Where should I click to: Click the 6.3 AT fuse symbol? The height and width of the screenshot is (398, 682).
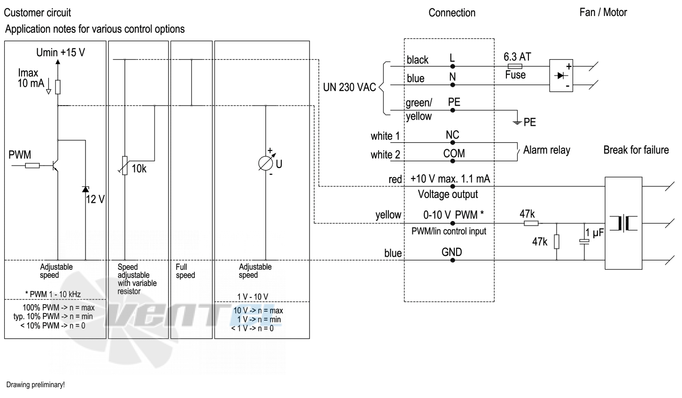point(515,66)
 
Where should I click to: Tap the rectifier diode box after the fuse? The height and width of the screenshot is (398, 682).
point(561,76)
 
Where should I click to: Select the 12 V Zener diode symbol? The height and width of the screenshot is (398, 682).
point(85,189)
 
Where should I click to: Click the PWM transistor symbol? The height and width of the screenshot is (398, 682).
point(55,166)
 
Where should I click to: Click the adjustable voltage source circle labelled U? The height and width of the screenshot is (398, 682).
point(265,163)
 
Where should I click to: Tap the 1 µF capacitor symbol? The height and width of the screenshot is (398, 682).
point(584,241)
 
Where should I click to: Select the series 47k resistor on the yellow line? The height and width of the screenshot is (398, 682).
point(531,223)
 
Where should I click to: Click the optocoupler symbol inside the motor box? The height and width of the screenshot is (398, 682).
point(623,223)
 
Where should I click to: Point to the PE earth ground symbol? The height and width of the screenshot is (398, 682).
point(517,122)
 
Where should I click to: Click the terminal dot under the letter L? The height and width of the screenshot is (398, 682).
point(452,66)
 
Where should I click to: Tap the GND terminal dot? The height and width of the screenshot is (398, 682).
point(452,260)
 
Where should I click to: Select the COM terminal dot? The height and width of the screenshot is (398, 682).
point(452,161)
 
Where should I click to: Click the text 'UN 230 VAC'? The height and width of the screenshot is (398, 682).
point(349,87)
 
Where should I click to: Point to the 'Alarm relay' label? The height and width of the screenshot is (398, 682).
point(547,150)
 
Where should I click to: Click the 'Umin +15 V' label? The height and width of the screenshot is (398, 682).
point(61,53)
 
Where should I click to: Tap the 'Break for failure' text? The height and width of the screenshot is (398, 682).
point(636,150)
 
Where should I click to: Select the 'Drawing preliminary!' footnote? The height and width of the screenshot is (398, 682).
point(35,384)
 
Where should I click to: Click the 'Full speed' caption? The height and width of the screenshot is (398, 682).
point(185,271)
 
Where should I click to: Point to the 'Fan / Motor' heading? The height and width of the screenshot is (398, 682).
point(603,12)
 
